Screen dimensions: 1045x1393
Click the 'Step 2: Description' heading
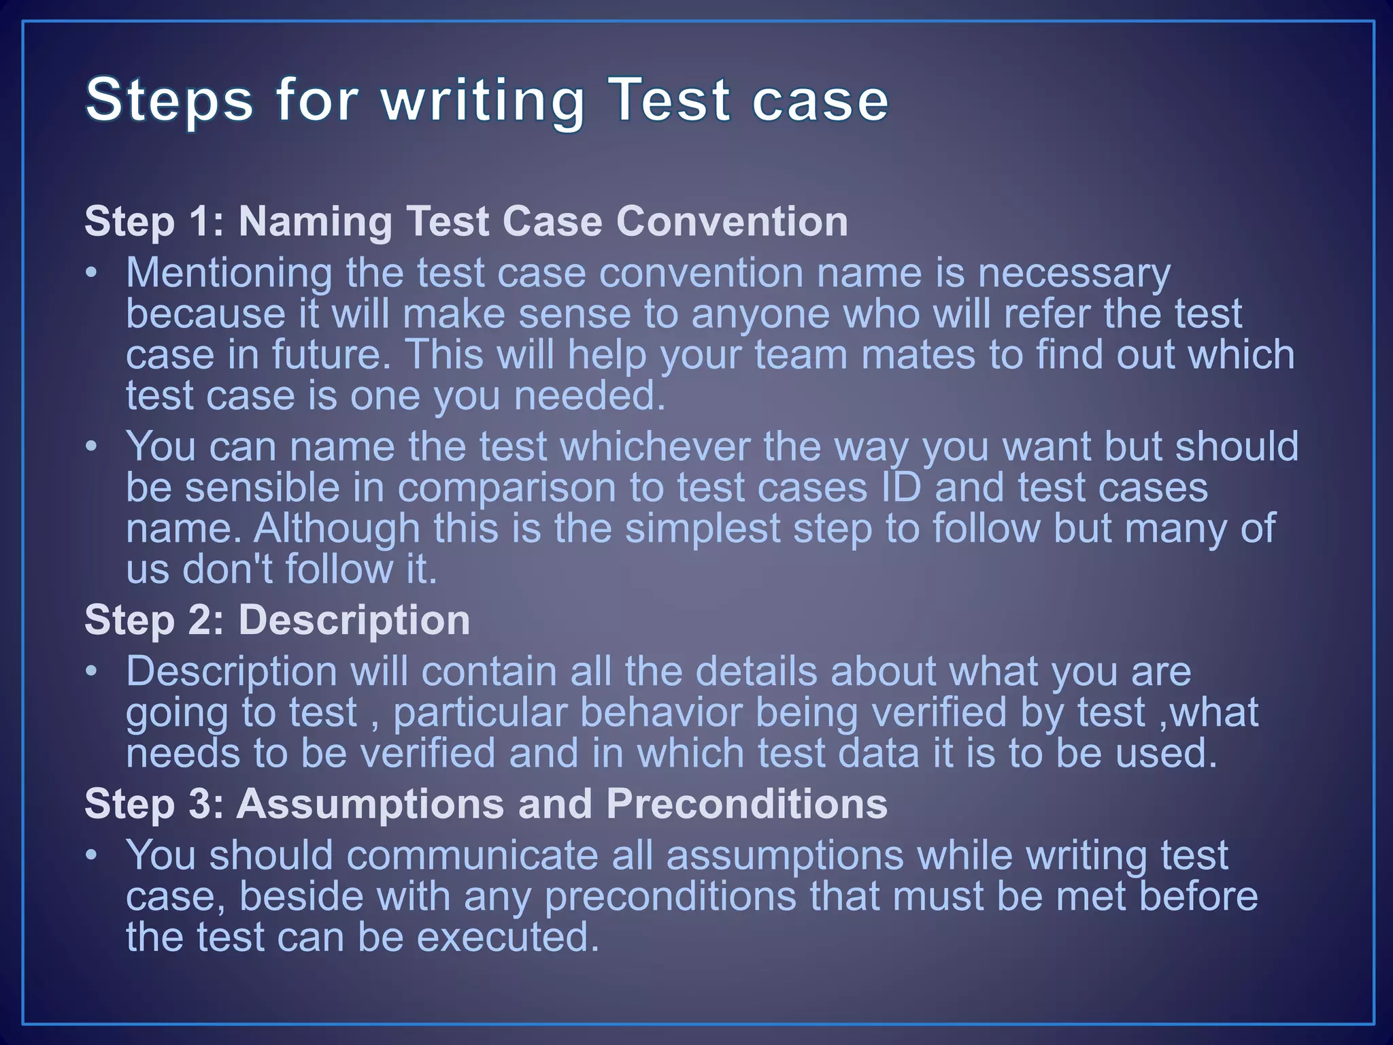click(x=277, y=620)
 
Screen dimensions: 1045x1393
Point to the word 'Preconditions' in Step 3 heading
click(x=746, y=803)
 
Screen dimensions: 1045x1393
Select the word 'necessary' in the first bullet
click(x=1074, y=274)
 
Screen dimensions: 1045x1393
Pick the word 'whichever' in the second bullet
click(x=654, y=447)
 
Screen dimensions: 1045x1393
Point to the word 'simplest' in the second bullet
click(x=702, y=529)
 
